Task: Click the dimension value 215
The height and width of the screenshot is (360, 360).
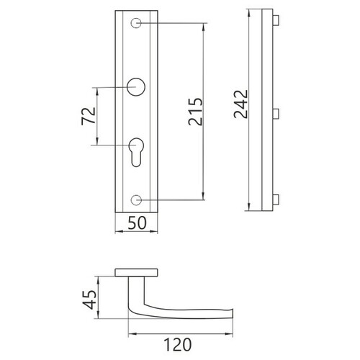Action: click(x=196, y=112)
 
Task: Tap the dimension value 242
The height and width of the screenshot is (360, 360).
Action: click(x=240, y=104)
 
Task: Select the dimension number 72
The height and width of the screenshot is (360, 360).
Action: click(x=89, y=116)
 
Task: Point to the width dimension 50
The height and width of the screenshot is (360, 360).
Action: click(x=137, y=222)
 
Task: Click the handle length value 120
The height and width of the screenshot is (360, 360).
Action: click(x=178, y=345)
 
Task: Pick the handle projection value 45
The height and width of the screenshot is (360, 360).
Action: click(x=89, y=300)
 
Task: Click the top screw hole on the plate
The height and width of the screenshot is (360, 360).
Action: click(x=136, y=23)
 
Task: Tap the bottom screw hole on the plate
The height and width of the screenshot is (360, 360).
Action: click(x=136, y=200)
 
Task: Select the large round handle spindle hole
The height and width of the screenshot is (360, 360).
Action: click(x=136, y=87)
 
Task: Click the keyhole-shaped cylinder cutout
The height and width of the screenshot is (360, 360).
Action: click(x=136, y=152)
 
